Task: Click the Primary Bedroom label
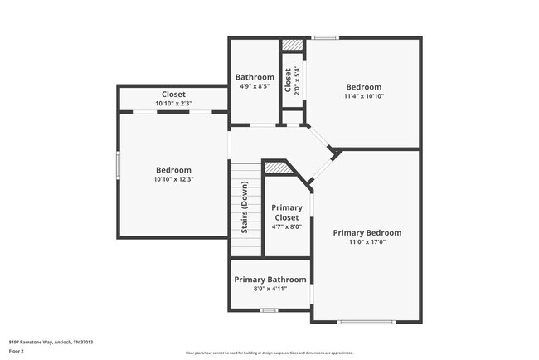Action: point(367,233)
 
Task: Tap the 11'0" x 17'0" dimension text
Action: point(367,242)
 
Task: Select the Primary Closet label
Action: point(288,212)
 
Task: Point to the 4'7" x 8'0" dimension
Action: point(288,226)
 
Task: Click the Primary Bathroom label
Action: point(269,280)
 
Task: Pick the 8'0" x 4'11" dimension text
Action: point(269,289)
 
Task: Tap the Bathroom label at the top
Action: point(254,77)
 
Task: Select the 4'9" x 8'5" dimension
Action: point(254,87)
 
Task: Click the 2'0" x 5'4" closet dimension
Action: point(297,83)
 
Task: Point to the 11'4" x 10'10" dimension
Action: point(364,96)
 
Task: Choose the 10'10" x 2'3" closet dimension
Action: point(173,103)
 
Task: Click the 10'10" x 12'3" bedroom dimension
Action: point(173,179)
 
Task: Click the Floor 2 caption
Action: point(17,351)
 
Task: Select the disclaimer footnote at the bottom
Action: point(269,353)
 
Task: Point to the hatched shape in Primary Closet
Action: point(275,168)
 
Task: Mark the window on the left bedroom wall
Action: point(118,164)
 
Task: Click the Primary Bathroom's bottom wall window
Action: point(269,309)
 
